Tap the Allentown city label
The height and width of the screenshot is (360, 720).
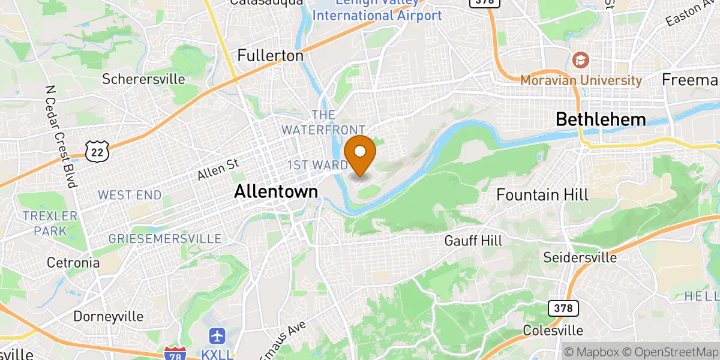[276, 191]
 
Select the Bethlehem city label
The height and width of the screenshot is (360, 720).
[601, 119]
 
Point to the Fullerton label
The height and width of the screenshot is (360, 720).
[270, 56]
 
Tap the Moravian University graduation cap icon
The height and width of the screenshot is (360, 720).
[580, 59]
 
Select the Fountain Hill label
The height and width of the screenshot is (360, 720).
[542, 194]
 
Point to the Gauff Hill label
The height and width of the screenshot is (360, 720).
[473, 241]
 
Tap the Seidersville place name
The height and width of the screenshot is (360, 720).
[580, 257]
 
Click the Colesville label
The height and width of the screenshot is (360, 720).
[553, 331]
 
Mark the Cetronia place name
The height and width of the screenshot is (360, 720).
[74, 263]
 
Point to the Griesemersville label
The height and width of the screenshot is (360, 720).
[165, 239]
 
